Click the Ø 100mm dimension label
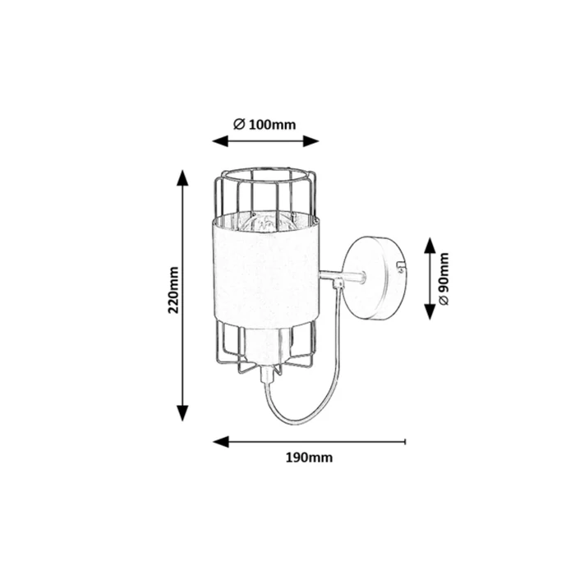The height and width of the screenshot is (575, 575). click(264, 125)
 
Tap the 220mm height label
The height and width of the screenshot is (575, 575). click(173, 290)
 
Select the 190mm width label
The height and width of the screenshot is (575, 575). click(309, 458)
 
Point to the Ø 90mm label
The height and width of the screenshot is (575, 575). click(444, 278)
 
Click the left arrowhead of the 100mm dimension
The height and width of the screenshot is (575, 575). click(220, 140)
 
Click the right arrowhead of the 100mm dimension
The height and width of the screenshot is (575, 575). click(310, 140)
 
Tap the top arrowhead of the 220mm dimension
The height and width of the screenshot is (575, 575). click(182, 178)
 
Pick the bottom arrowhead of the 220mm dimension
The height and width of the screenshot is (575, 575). click(182, 413)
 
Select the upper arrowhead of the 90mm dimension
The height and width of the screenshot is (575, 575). click(430, 246)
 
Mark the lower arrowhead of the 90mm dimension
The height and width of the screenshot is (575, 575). click(430, 311)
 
